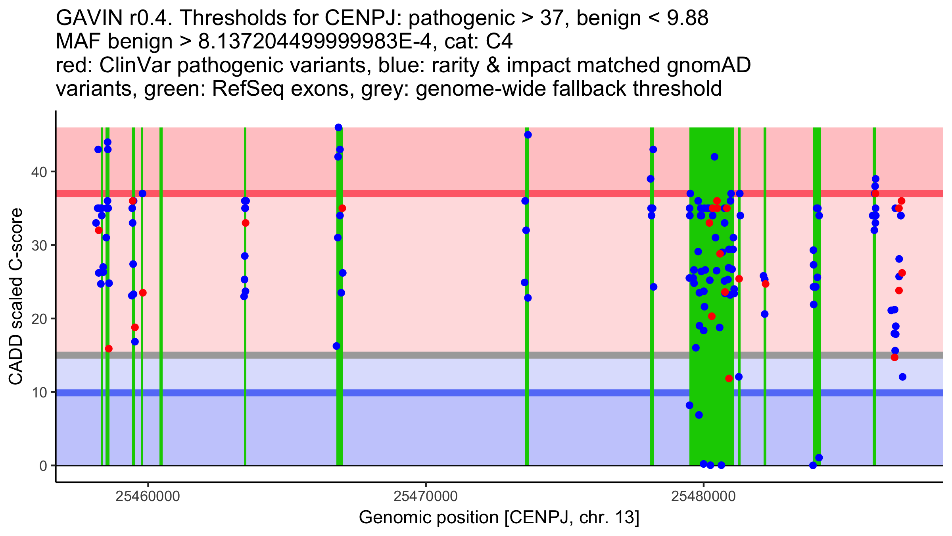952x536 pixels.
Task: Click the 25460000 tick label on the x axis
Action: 148,496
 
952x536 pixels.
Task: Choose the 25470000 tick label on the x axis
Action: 426,496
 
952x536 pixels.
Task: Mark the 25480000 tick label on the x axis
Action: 704,496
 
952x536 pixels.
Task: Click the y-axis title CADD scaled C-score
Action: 16,297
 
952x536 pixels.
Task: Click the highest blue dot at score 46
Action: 338,127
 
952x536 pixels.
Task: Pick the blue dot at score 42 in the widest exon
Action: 714,157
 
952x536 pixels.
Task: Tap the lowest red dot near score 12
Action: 729,378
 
